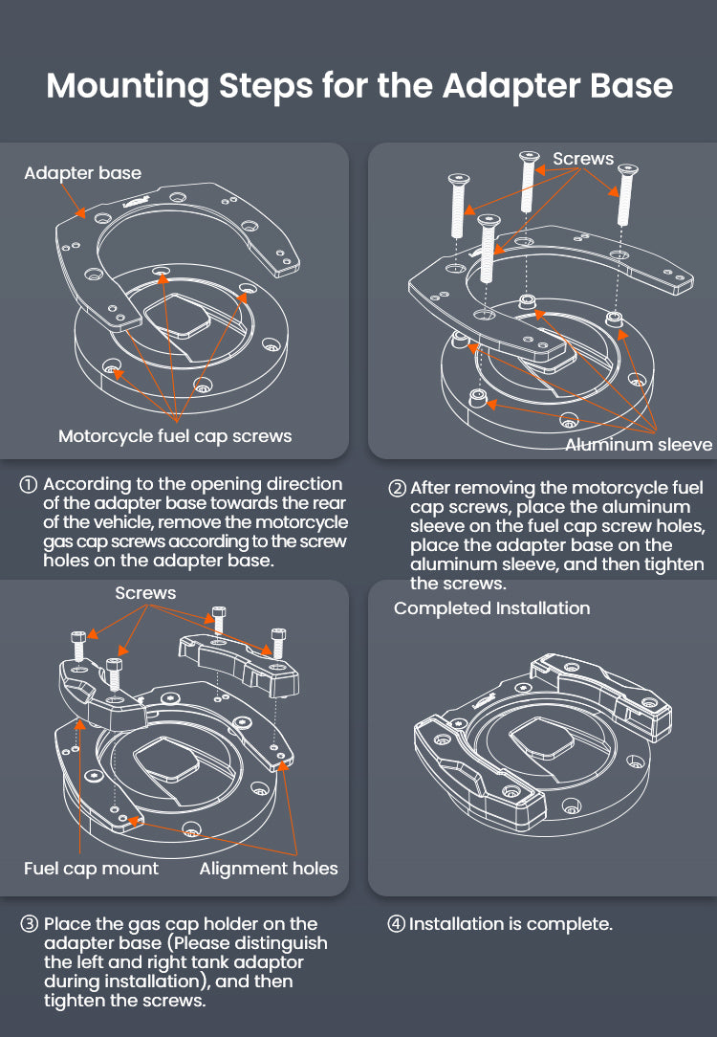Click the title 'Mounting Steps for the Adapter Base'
tap(359, 85)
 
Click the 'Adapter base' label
tap(82, 173)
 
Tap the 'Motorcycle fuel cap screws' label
tap(175, 436)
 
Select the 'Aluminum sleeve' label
tap(639, 444)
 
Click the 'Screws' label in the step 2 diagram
tap(583, 159)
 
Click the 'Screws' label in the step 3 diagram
tap(145, 593)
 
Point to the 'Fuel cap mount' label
tap(91, 869)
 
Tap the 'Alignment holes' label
tap(269, 869)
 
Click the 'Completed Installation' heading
tap(491, 608)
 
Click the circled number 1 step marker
tap(30, 485)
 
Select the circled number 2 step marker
tap(398, 489)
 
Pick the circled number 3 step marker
tap(30, 924)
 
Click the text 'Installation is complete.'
tap(511, 924)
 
